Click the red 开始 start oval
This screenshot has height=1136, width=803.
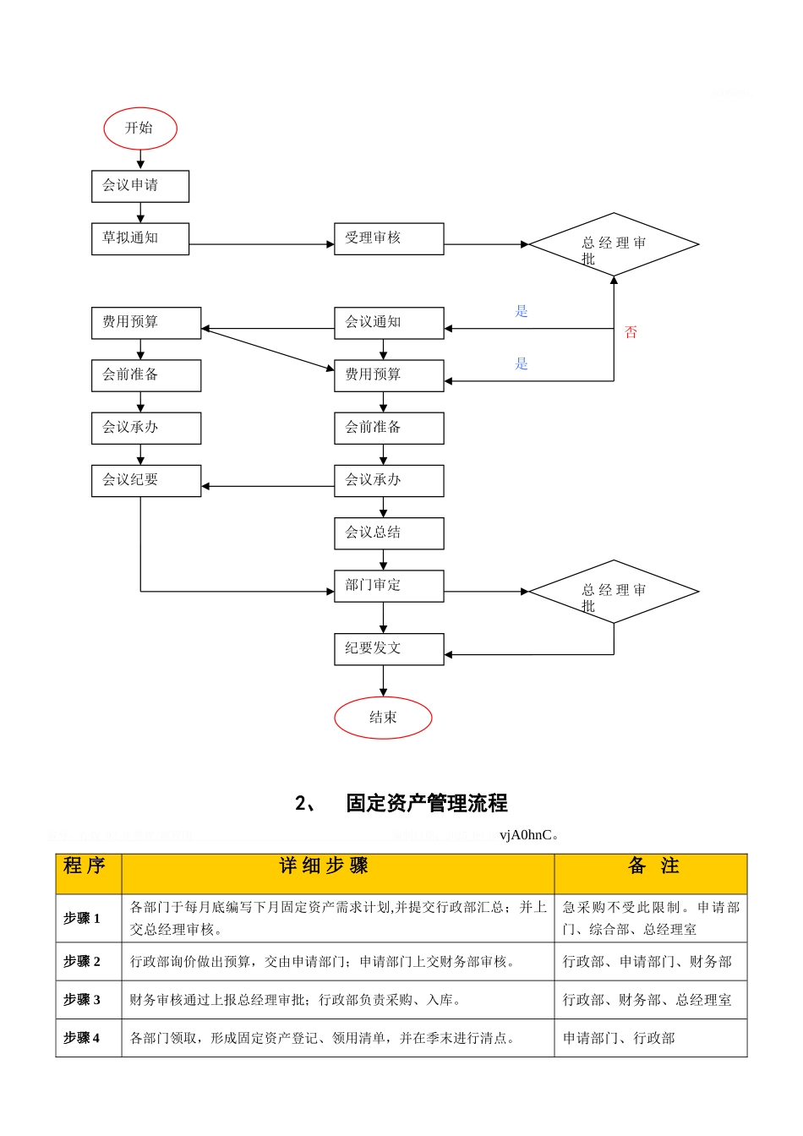point(140,128)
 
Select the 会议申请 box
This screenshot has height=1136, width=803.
point(140,186)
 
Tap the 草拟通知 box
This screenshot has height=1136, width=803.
point(140,238)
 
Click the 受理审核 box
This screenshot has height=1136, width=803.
point(389,238)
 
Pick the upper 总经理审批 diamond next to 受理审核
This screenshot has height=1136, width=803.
point(614,244)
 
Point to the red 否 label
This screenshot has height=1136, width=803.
point(631,332)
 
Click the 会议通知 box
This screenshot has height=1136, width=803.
point(389,323)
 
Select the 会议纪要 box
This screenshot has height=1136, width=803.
point(146,480)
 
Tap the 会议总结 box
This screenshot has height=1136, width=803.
point(389,532)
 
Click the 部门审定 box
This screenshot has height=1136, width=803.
point(389,585)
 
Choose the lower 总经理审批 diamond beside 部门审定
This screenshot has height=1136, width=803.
point(614,592)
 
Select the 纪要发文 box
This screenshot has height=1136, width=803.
point(389,648)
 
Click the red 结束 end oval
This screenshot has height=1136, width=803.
point(383,718)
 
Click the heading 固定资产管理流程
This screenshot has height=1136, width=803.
point(426,803)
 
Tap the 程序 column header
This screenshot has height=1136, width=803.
point(85,866)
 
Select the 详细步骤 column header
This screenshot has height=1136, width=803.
point(325,866)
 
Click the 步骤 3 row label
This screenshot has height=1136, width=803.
point(82,1000)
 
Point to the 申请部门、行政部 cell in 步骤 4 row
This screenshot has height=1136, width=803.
point(619,1038)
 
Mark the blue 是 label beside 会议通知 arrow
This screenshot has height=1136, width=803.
point(522,311)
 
